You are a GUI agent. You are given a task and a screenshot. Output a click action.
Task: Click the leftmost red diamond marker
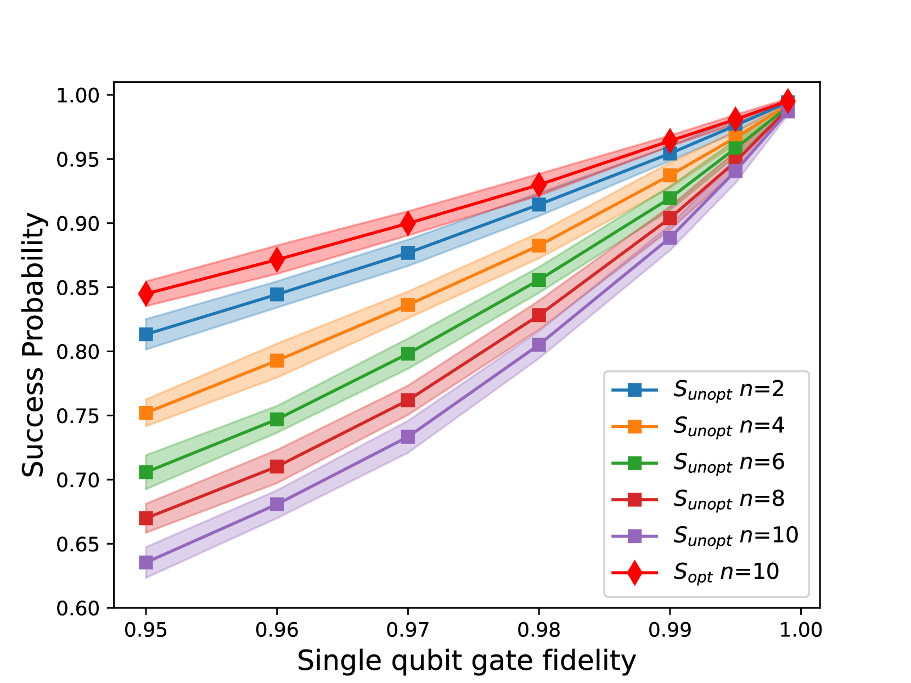(145, 293)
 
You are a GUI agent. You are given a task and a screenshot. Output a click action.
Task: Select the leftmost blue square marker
(145, 334)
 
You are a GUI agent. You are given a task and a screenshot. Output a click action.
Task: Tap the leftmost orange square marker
(145, 412)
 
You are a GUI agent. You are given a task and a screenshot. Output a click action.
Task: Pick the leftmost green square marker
(145, 472)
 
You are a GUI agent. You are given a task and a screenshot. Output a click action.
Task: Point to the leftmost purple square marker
(145, 562)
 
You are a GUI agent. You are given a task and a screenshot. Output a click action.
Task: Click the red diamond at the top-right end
(788, 100)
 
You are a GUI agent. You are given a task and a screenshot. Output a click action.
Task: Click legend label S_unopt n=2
(729, 390)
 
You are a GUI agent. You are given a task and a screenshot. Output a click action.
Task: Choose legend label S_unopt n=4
(729, 426)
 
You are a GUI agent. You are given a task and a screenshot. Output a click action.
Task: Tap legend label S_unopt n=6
(729, 462)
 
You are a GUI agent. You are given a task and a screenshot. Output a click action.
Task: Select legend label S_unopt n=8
(729, 499)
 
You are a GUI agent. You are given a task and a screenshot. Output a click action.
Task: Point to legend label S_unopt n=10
(735, 535)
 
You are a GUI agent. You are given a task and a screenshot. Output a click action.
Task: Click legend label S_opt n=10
(726, 572)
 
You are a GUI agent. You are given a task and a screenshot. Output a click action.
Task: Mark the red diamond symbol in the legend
(634, 573)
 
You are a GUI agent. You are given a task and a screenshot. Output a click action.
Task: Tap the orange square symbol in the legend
(634, 426)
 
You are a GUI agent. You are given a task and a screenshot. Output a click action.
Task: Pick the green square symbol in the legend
(634, 463)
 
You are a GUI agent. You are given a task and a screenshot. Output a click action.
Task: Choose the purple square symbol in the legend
(634, 536)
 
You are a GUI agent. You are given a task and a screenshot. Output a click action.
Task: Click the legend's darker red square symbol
(634, 499)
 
